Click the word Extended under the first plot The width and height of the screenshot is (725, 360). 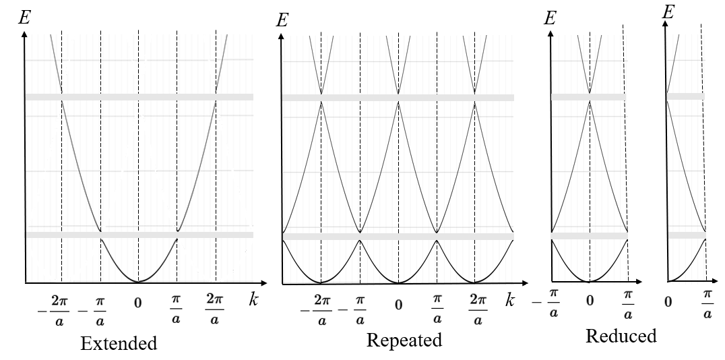click(119, 344)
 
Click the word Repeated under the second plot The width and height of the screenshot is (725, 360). click(404, 340)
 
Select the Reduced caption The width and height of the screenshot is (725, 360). click(621, 336)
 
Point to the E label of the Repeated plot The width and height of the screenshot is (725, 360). click(283, 20)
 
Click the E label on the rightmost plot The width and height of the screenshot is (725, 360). click(669, 12)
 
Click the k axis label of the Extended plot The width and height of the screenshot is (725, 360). click(253, 300)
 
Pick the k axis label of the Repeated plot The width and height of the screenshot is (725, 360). click(510, 301)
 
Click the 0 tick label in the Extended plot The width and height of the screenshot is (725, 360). click(138, 303)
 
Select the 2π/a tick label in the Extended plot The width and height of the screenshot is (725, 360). click(215, 308)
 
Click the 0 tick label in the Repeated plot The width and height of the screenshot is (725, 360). click(398, 304)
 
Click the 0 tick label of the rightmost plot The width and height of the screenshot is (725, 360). click(668, 301)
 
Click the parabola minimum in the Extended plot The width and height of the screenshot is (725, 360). click(138, 281)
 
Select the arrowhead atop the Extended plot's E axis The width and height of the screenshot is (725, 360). click(25, 34)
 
